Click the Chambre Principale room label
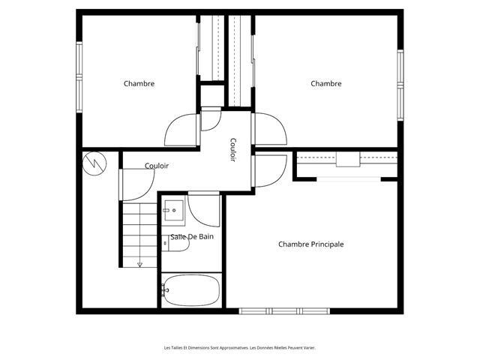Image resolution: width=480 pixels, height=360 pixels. [310, 244]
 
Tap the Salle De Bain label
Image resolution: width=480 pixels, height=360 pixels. [192, 237]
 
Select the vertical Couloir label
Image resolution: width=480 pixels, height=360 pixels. [233, 150]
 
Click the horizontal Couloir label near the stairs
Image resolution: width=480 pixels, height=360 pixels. [157, 166]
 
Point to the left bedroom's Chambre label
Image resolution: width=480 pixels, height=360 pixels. [139, 83]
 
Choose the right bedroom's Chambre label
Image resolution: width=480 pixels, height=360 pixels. [326, 83]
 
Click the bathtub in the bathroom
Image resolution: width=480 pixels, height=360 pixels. [192, 290]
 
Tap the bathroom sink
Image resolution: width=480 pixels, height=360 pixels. [174, 211]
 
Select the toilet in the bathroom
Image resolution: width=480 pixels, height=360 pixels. [175, 243]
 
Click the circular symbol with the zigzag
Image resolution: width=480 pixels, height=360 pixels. [94, 163]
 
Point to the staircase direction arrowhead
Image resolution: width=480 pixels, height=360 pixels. [140, 265]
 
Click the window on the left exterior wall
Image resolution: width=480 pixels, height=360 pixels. [79, 77]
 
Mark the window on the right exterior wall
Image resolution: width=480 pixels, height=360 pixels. [400, 85]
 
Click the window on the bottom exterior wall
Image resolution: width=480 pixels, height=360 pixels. [284, 311]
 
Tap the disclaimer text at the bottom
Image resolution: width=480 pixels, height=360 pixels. [240, 348]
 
